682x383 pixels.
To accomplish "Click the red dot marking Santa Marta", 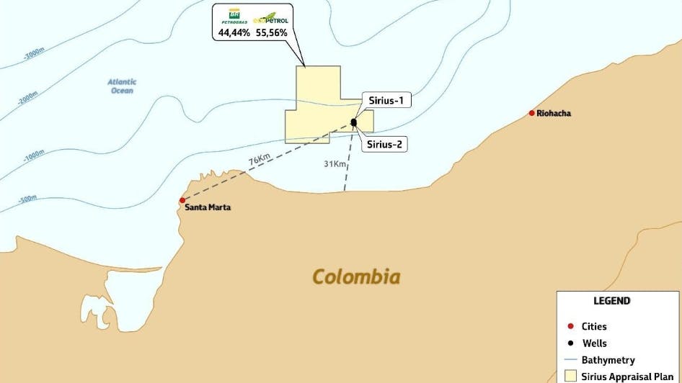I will coord(182,200).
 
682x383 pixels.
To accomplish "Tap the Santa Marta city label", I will coord(208,207).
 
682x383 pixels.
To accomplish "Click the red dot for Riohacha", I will coord(532,113).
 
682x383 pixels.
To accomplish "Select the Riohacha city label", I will coord(554,113).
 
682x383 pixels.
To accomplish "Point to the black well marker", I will coord(354,122).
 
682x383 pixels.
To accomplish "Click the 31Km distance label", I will coord(336,164).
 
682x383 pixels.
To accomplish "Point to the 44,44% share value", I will coord(234,33).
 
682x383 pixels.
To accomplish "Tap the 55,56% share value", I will coord(273,33).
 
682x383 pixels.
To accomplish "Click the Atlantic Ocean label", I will coord(122,86).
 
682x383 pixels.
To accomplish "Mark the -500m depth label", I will coord(27,198).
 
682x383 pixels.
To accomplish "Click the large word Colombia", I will coord(356,276).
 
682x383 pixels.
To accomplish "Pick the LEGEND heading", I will coord(611,301).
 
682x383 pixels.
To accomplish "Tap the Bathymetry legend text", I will coord(608,359).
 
